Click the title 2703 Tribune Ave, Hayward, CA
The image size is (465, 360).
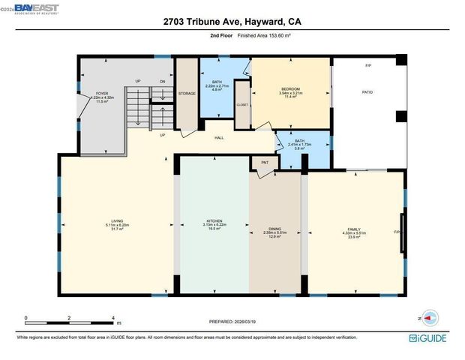232,22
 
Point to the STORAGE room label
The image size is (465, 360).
187,93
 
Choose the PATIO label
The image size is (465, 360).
368,93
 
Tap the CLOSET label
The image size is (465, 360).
242,105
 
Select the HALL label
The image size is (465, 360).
220,138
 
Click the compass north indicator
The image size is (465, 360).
427,318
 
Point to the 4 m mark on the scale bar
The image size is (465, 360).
112,318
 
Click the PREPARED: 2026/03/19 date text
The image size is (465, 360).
232,322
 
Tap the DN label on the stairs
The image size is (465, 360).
163,80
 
